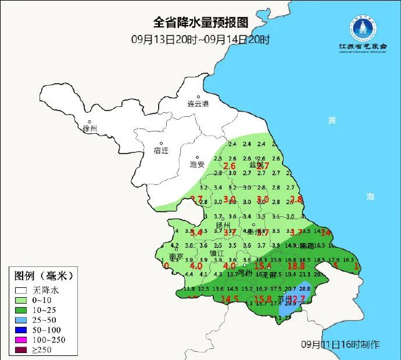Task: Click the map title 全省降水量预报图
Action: point(201,23)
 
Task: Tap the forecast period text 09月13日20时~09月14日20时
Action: point(201,40)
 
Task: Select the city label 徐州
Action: point(91,128)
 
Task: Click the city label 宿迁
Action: point(160,150)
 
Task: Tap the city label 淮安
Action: point(197,165)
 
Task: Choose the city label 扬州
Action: point(223,225)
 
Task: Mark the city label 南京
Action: point(176,257)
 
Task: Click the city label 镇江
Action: point(216,254)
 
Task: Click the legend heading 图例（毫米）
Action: point(44,275)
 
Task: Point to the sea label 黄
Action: point(332,120)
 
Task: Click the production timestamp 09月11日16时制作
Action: point(340,344)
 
